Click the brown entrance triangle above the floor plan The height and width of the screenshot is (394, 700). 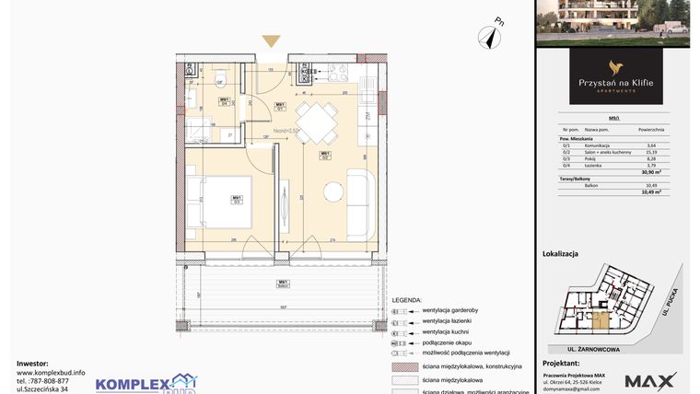(x=271, y=41)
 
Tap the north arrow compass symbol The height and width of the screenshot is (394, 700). (x=488, y=36)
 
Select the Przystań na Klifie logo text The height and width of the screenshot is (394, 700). (x=615, y=84)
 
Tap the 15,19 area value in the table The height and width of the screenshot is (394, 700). (x=650, y=152)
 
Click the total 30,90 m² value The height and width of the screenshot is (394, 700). (x=651, y=172)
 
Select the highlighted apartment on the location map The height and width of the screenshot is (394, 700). (x=601, y=320)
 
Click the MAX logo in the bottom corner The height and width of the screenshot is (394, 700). (x=651, y=379)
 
